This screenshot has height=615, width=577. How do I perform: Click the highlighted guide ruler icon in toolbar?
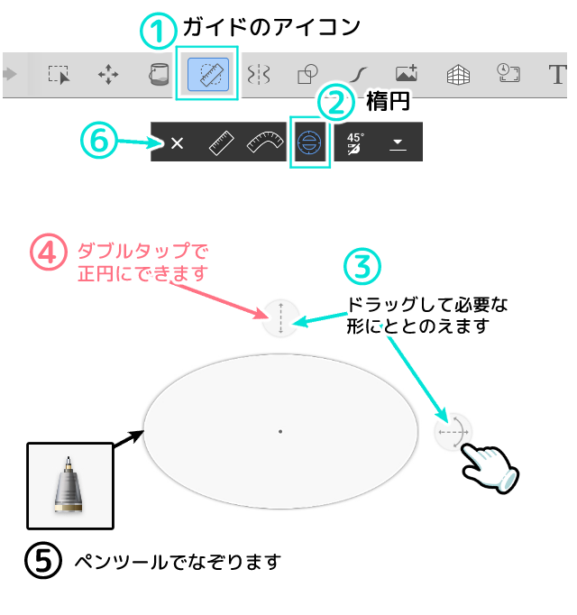point(207,73)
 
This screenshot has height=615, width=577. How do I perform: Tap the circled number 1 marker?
point(159,31)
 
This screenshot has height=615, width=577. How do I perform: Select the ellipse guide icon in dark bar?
point(309,142)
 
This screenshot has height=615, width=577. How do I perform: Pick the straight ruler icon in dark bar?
point(222,142)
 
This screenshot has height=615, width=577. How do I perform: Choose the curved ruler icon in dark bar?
point(265,142)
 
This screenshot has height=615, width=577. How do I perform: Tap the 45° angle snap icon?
point(355,142)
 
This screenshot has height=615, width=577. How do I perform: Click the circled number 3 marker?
point(362,266)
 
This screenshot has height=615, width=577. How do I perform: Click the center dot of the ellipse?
point(280,432)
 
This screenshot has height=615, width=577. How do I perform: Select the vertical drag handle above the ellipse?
point(280,319)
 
